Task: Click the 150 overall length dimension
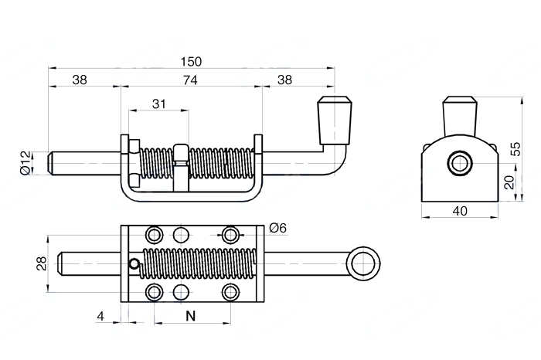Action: (x=191, y=62)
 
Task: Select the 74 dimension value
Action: (x=190, y=80)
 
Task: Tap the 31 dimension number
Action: (x=158, y=104)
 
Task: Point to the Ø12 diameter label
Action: (x=26, y=163)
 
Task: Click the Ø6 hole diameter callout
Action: (x=277, y=228)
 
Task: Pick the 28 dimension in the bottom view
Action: (x=42, y=263)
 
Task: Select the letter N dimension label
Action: (x=190, y=316)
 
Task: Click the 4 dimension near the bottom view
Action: (x=100, y=316)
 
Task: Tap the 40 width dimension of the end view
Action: (x=460, y=211)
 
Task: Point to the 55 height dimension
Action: (x=517, y=149)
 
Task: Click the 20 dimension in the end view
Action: (x=509, y=182)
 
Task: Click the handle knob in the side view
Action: (x=335, y=121)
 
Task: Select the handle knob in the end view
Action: (x=460, y=116)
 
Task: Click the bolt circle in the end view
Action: (x=460, y=163)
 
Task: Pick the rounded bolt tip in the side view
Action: (x=50, y=164)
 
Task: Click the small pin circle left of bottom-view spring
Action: (x=134, y=264)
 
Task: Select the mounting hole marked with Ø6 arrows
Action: (x=230, y=235)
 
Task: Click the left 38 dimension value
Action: (x=80, y=80)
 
